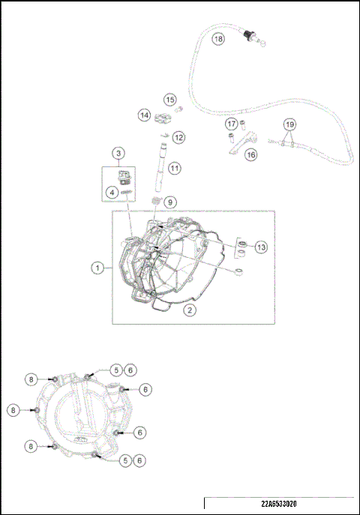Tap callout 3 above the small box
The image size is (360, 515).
(x=118, y=153)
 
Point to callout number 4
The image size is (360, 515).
(x=111, y=193)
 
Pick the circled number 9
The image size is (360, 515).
(x=170, y=202)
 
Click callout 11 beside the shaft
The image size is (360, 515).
(x=174, y=168)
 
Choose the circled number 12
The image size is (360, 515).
(x=178, y=137)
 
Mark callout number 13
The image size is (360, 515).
(x=260, y=247)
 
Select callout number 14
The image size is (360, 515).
(x=144, y=115)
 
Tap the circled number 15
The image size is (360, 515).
(x=169, y=100)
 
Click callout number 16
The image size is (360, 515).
(x=250, y=154)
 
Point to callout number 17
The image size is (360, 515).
(x=232, y=124)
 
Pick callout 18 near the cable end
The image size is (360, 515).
(x=218, y=38)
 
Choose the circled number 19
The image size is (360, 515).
(x=290, y=124)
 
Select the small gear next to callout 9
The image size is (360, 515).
(x=156, y=203)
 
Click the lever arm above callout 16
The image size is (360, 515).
(x=241, y=141)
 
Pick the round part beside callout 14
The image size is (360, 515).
(x=160, y=118)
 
